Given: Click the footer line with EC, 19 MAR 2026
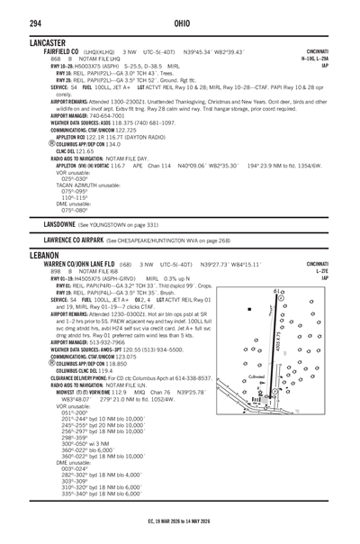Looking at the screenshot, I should (x=180, y=520).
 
